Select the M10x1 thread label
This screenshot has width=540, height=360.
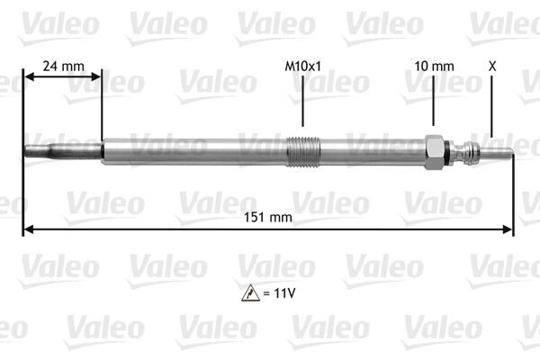302,66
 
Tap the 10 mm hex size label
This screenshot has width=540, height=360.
434,66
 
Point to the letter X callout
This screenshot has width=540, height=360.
491,66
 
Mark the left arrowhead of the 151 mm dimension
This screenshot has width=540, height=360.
27,229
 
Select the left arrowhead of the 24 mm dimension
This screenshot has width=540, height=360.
27,78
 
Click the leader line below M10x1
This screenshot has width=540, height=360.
303,103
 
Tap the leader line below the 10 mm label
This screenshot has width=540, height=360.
435,103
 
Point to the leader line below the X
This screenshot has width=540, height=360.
492,108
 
